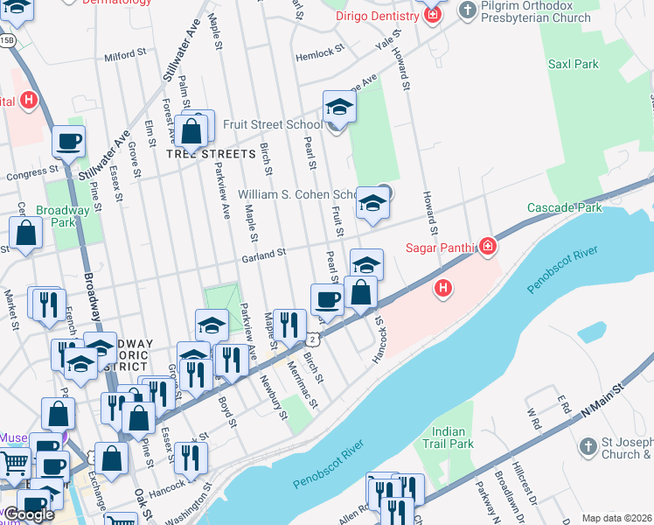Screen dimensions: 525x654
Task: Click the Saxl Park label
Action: [x=573, y=64]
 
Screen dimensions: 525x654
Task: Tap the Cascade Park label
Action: [x=564, y=207]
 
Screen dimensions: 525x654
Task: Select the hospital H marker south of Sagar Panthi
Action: [x=444, y=287]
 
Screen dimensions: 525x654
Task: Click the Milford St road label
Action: [x=124, y=54]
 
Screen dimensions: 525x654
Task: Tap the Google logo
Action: [x=29, y=514]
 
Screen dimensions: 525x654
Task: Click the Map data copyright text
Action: [x=617, y=518]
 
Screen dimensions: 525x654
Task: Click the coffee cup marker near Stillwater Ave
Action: [x=68, y=141]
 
